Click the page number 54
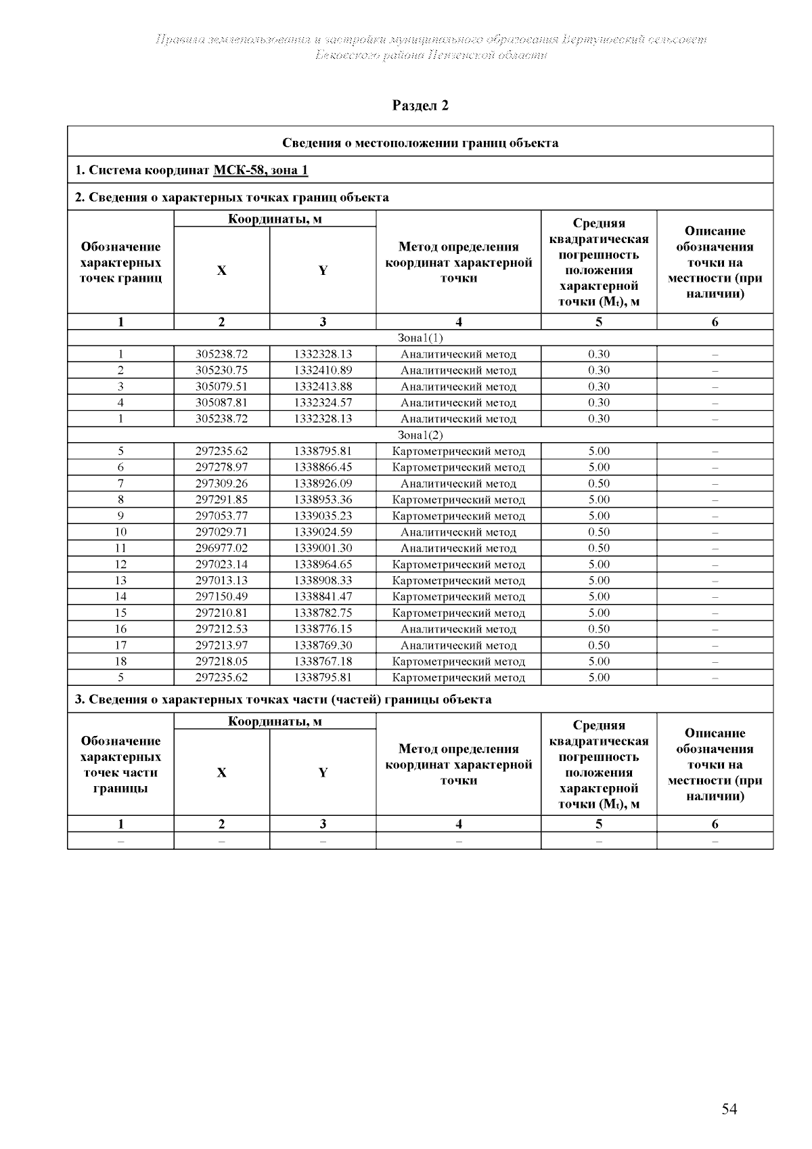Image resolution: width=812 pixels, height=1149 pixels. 729,1109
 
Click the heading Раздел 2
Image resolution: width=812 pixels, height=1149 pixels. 420,106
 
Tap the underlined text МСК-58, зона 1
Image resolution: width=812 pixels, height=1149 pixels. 261,170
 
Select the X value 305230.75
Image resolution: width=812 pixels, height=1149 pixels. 221,370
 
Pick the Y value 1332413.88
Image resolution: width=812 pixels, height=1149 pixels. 323,387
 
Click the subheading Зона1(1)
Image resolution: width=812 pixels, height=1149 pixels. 420,338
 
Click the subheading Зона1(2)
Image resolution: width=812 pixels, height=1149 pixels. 420,435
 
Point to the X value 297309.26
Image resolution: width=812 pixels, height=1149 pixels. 221,483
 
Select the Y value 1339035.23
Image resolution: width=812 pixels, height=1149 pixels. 323,516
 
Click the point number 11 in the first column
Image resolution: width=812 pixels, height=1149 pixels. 120,548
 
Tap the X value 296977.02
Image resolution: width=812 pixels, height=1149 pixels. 221,548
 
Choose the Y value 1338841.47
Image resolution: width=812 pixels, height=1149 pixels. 323,597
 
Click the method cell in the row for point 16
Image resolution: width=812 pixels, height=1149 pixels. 458,629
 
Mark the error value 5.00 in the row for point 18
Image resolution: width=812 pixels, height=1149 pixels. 599,662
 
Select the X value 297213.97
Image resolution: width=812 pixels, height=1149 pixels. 221,645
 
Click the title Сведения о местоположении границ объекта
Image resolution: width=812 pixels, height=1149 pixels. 420,143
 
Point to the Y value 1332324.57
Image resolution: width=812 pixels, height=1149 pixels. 323,403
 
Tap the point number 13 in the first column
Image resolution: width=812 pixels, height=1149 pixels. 120,580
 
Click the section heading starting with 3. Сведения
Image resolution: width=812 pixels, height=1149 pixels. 283,699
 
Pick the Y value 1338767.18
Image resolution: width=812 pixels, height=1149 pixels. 323,662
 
